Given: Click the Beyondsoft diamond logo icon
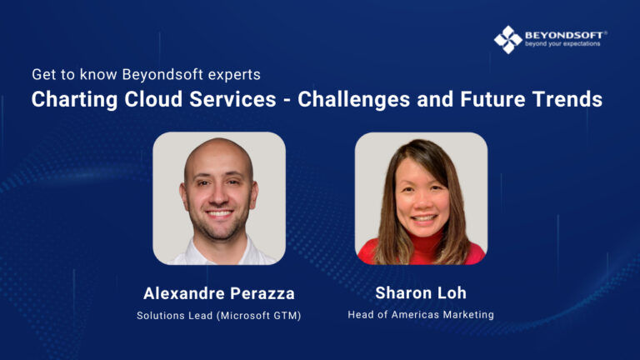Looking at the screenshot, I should [507, 38].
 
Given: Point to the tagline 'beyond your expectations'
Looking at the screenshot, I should [562, 43].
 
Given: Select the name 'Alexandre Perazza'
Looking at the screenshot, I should [218, 293].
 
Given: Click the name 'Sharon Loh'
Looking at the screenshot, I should [421, 293].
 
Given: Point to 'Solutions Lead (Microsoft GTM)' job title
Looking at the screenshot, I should [218, 315].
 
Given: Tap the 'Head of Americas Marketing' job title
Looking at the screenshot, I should [421, 315].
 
